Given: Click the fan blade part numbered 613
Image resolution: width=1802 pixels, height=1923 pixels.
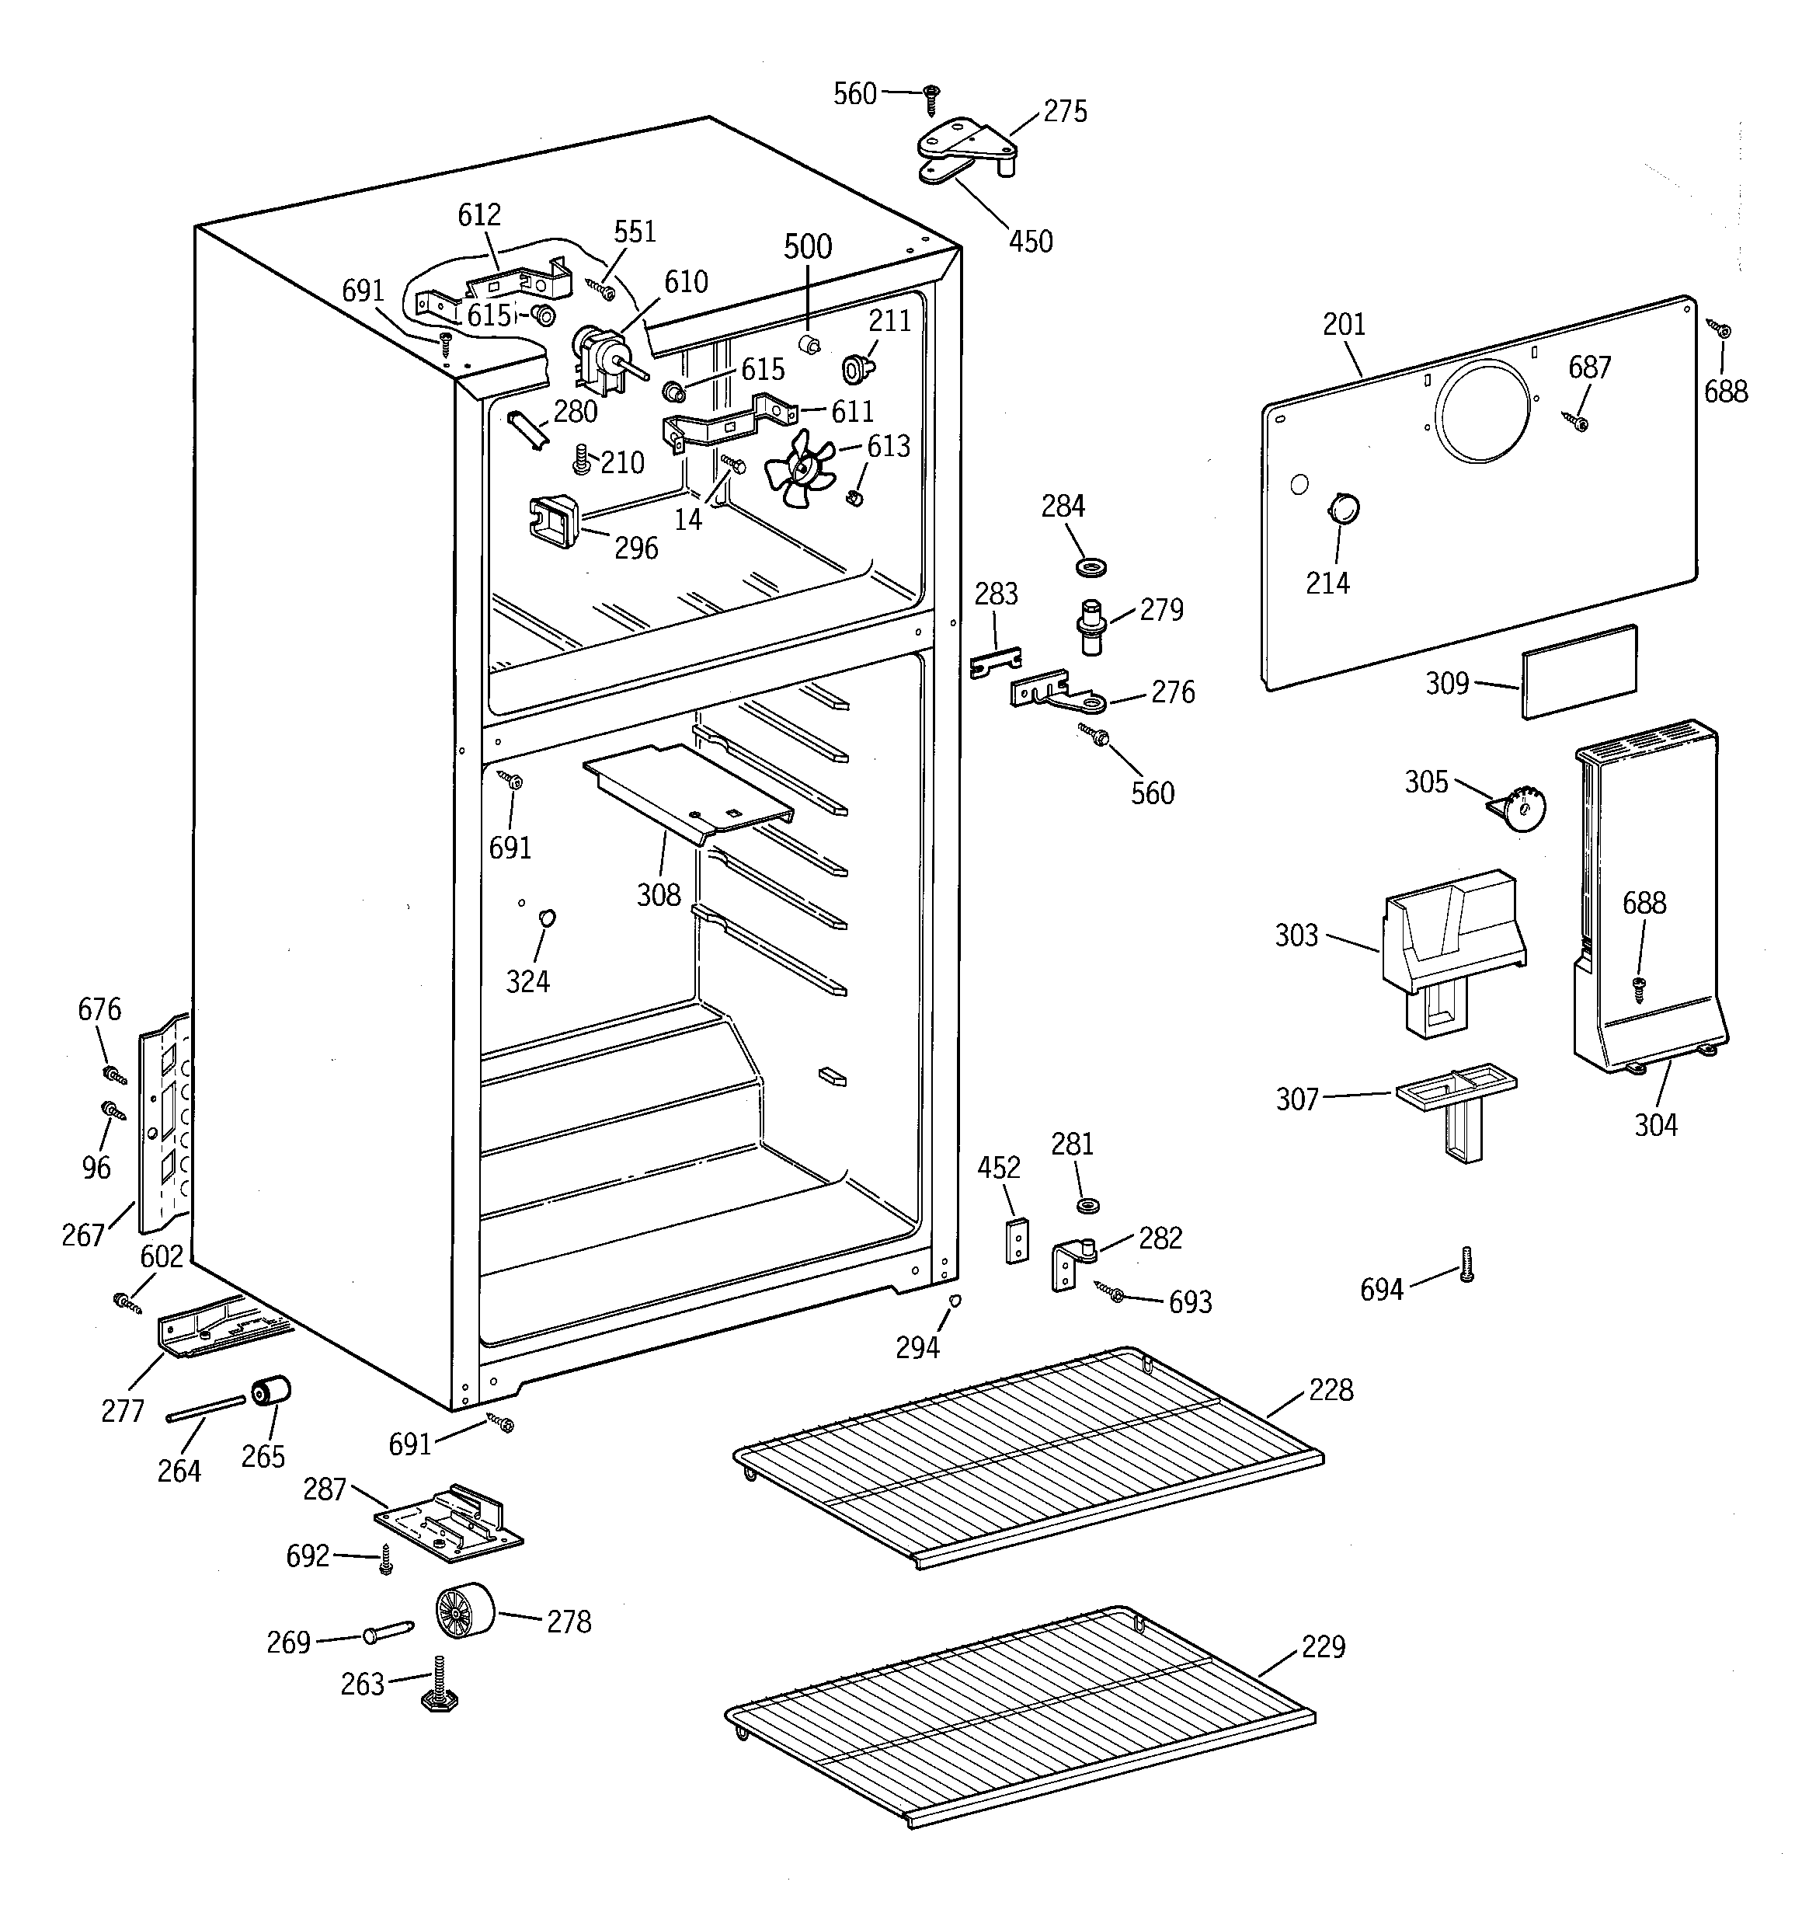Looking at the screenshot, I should (797, 469).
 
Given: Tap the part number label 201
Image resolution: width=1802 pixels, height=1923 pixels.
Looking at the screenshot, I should (1344, 324).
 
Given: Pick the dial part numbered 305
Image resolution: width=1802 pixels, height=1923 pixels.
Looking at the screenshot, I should (1522, 806).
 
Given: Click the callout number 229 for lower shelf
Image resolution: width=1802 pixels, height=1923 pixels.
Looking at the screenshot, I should (1322, 1646).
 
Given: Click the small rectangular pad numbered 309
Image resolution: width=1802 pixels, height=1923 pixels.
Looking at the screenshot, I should (1578, 671).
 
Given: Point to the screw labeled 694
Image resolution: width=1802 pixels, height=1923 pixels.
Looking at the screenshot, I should (1466, 1263).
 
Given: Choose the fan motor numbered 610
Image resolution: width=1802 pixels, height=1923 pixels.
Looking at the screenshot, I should (600, 358).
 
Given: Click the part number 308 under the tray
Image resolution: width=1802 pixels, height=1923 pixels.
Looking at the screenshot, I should (658, 895).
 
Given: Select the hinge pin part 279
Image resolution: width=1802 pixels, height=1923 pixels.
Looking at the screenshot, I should (1091, 627).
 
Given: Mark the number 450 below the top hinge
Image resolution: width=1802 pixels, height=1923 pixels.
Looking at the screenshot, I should (1030, 241).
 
